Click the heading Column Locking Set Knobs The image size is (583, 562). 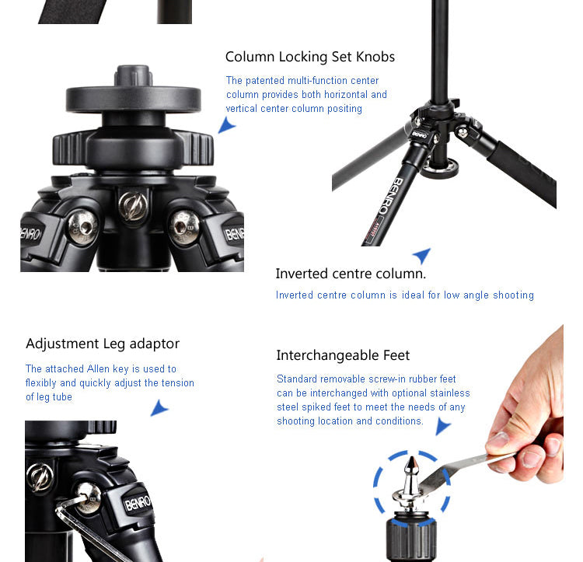(x=309, y=57)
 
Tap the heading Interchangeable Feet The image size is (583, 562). (x=343, y=356)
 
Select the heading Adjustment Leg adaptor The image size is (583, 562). (x=103, y=344)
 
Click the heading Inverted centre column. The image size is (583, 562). (x=351, y=274)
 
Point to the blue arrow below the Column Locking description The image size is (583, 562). (x=226, y=125)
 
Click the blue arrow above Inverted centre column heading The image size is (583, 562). (x=423, y=255)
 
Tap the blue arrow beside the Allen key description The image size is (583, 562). (x=159, y=408)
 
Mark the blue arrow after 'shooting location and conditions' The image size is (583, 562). (x=442, y=426)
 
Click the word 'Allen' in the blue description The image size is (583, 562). (x=98, y=368)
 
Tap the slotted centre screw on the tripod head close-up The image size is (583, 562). (x=133, y=205)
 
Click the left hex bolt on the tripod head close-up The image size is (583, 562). (x=83, y=227)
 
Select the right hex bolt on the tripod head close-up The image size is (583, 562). (x=185, y=228)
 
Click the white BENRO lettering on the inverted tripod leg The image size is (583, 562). (x=388, y=196)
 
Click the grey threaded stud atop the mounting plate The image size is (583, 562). (x=133, y=75)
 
